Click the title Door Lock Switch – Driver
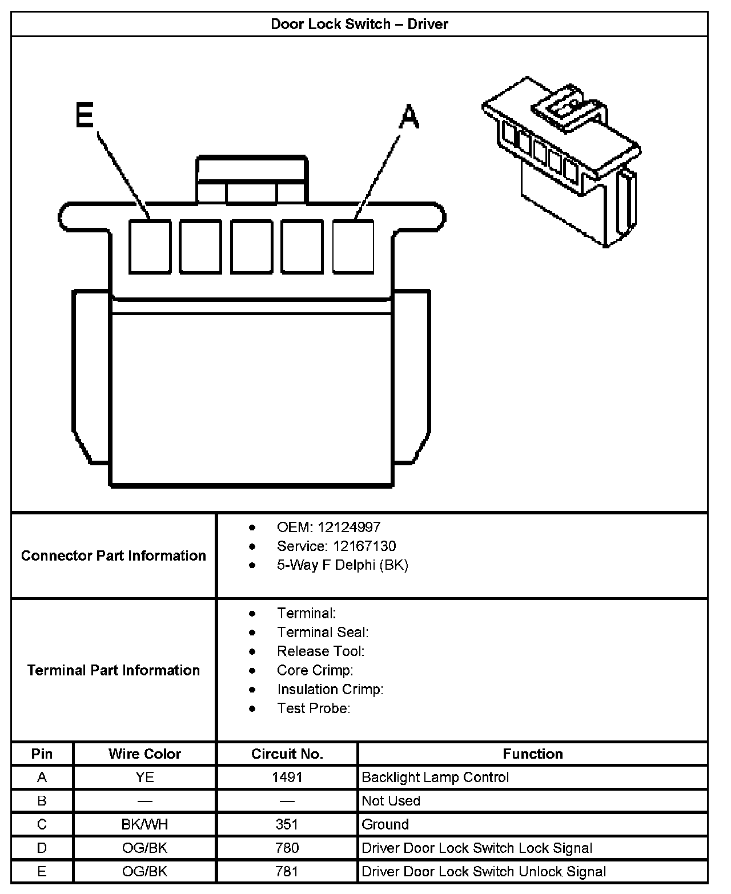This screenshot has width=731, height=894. click(x=359, y=24)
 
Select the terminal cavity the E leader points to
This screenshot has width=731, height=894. click(x=150, y=247)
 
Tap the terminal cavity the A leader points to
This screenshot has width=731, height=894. click(x=354, y=247)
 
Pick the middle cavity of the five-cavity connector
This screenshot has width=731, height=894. click(x=252, y=247)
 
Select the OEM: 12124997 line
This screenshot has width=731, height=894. click(x=328, y=527)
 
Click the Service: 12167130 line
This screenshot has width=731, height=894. click(x=336, y=546)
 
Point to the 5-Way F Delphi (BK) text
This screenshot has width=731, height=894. click(x=342, y=565)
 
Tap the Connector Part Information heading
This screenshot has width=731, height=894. click(x=114, y=555)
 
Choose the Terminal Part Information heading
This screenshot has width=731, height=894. click(x=114, y=670)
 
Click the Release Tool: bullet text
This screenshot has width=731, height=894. click(x=320, y=651)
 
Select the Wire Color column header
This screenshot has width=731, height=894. click(x=144, y=754)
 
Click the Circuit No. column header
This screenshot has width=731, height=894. click(x=287, y=754)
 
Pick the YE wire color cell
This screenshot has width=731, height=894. click(x=144, y=777)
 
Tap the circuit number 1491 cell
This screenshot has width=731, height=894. click(x=287, y=777)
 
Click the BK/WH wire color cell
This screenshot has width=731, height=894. click(x=144, y=824)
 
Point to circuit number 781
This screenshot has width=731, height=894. click(x=287, y=871)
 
